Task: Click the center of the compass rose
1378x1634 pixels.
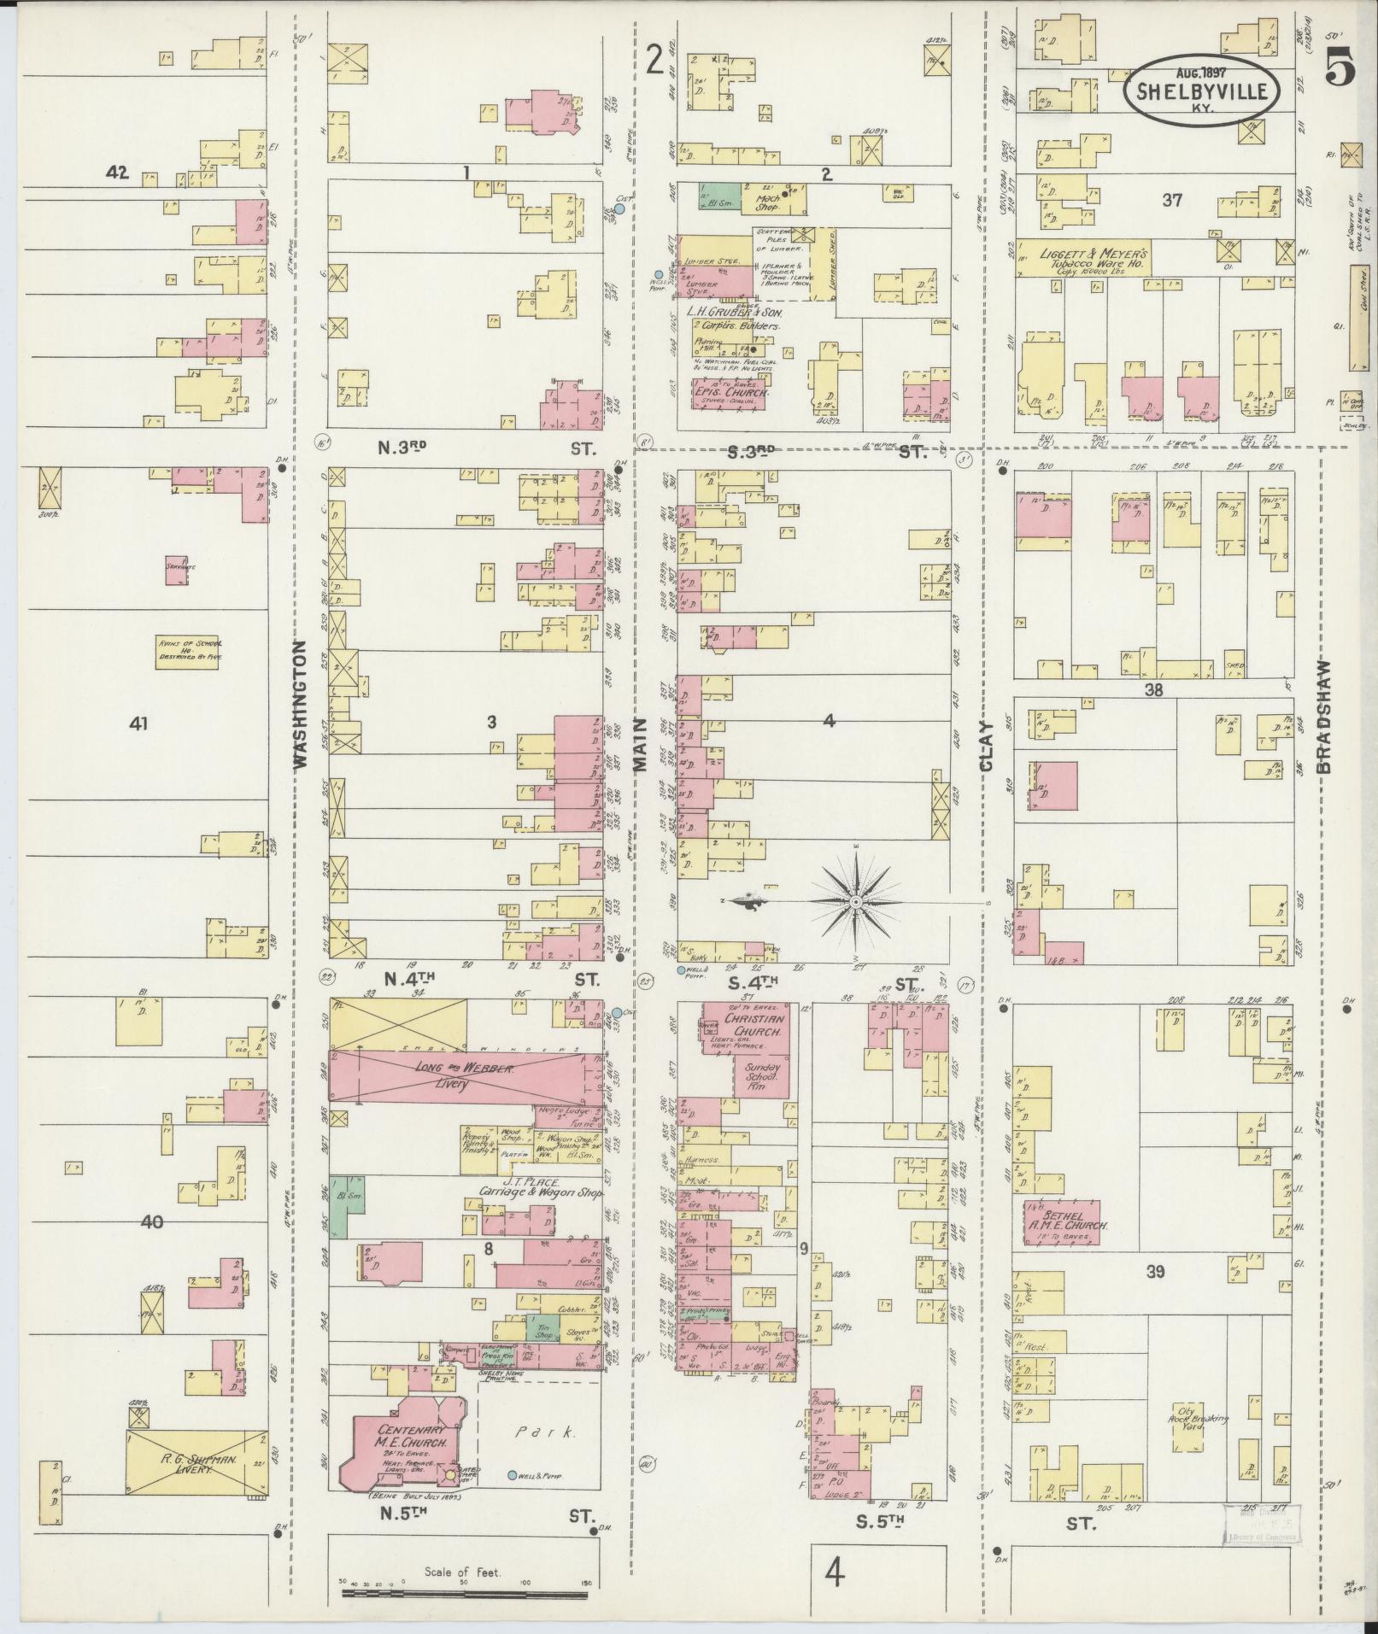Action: [855, 902]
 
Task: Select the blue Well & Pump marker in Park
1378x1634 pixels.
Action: [512, 1476]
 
